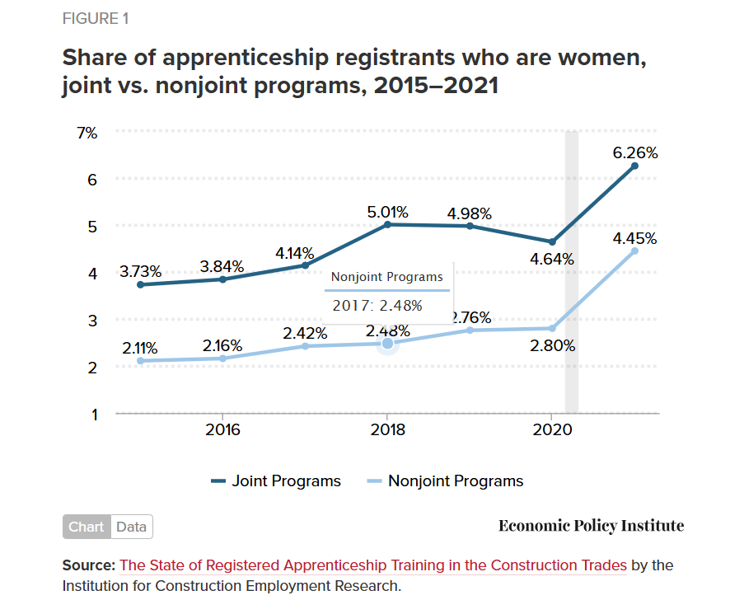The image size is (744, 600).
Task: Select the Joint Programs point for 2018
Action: pyautogui.click(x=387, y=224)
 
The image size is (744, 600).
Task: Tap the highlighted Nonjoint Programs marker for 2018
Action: pyautogui.click(x=387, y=343)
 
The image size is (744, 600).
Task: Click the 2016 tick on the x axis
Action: pyautogui.click(x=222, y=429)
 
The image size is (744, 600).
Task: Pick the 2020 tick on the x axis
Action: pyautogui.click(x=551, y=429)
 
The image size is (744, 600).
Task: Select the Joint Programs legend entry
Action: pyautogui.click(x=276, y=481)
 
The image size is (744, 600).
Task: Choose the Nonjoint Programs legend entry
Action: pyautogui.click(x=445, y=481)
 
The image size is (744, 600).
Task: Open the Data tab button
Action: pyautogui.click(x=131, y=527)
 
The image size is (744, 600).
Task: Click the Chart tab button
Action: pyautogui.click(x=87, y=527)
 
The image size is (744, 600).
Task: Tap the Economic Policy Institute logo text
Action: pyautogui.click(x=591, y=526)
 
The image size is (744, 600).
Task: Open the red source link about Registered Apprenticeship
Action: pyautogui.click(x=373, y=565)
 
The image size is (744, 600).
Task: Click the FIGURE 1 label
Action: pyautogui.click(x=95, y=19)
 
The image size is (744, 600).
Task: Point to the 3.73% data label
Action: pyautogui.click(x=140, y=271)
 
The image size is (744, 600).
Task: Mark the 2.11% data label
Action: pyautogui.click(x=140, y=348)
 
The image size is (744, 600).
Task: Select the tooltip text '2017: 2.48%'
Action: pyautogui.click(x=377, y=305)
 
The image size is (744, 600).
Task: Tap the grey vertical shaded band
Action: pyautogui.click(x=571, y=272)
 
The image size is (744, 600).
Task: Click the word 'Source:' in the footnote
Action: pyautogui.click(x=89, y=565)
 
